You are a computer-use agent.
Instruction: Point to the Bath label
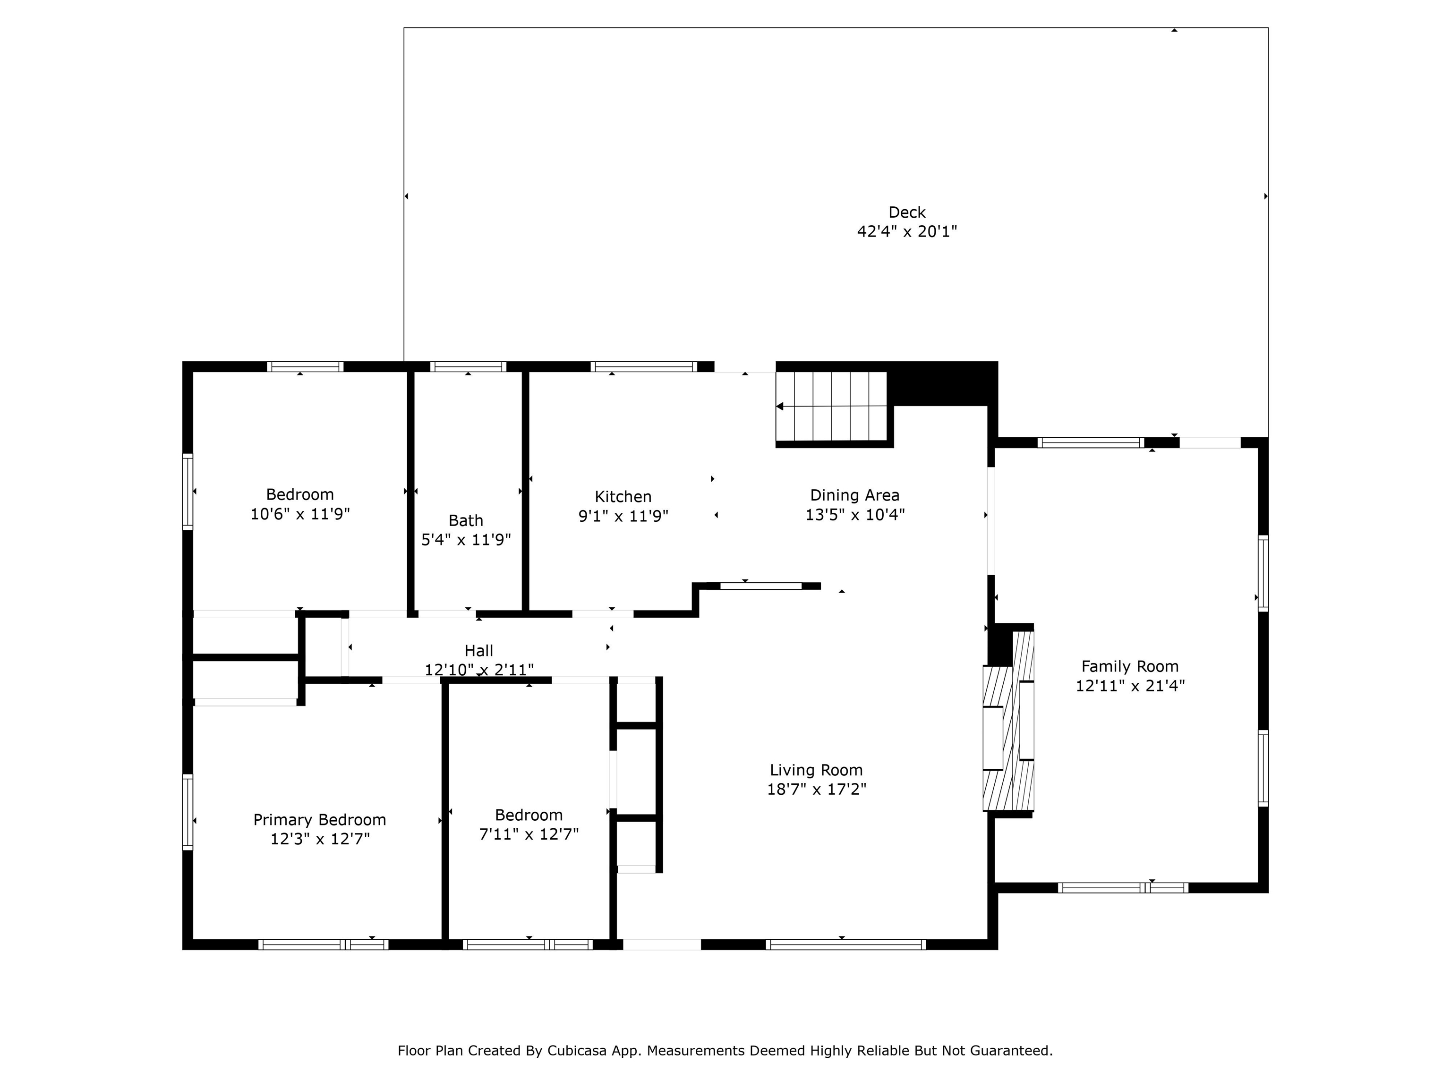point(466,521)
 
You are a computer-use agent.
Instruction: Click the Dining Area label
point(855,496)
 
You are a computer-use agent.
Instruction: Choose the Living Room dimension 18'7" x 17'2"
point(817,789)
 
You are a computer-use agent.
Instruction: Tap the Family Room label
point(1129,667)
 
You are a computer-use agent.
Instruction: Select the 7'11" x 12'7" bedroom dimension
point(529,834)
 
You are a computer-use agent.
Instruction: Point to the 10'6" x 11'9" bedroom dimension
point(300,513)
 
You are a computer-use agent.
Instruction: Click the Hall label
point(479,651)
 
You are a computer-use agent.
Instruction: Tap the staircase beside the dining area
point(832,407)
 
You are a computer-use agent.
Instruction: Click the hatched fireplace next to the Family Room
point(1008,720)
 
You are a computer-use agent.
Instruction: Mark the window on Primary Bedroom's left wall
point(188,812)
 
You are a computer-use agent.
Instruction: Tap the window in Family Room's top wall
point(1091,442)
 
